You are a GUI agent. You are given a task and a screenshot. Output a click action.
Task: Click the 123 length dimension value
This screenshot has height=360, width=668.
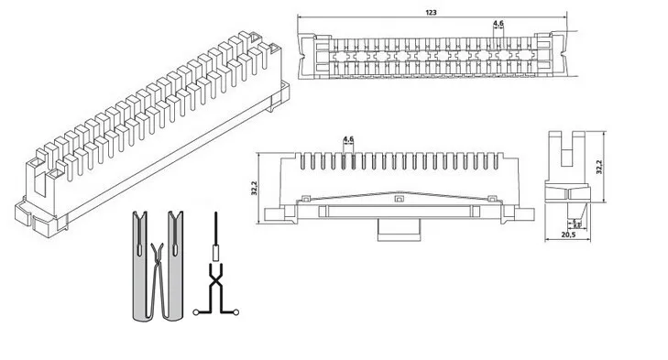pos(431,12)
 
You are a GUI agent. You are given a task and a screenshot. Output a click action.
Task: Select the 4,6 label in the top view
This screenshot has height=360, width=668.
pos(497,22)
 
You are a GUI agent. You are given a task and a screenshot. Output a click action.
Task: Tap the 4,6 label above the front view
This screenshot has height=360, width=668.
pos(348,138)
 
